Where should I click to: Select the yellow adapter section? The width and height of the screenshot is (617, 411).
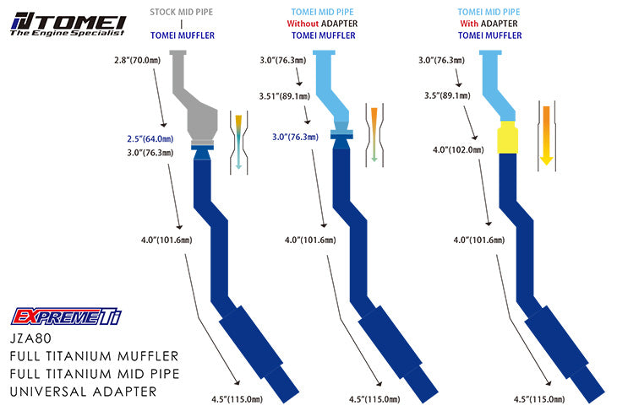510,138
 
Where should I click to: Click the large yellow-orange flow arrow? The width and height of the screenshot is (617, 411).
546,134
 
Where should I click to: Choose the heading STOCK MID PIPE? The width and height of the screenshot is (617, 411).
182,13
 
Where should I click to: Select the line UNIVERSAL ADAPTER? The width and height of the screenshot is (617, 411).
85,392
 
